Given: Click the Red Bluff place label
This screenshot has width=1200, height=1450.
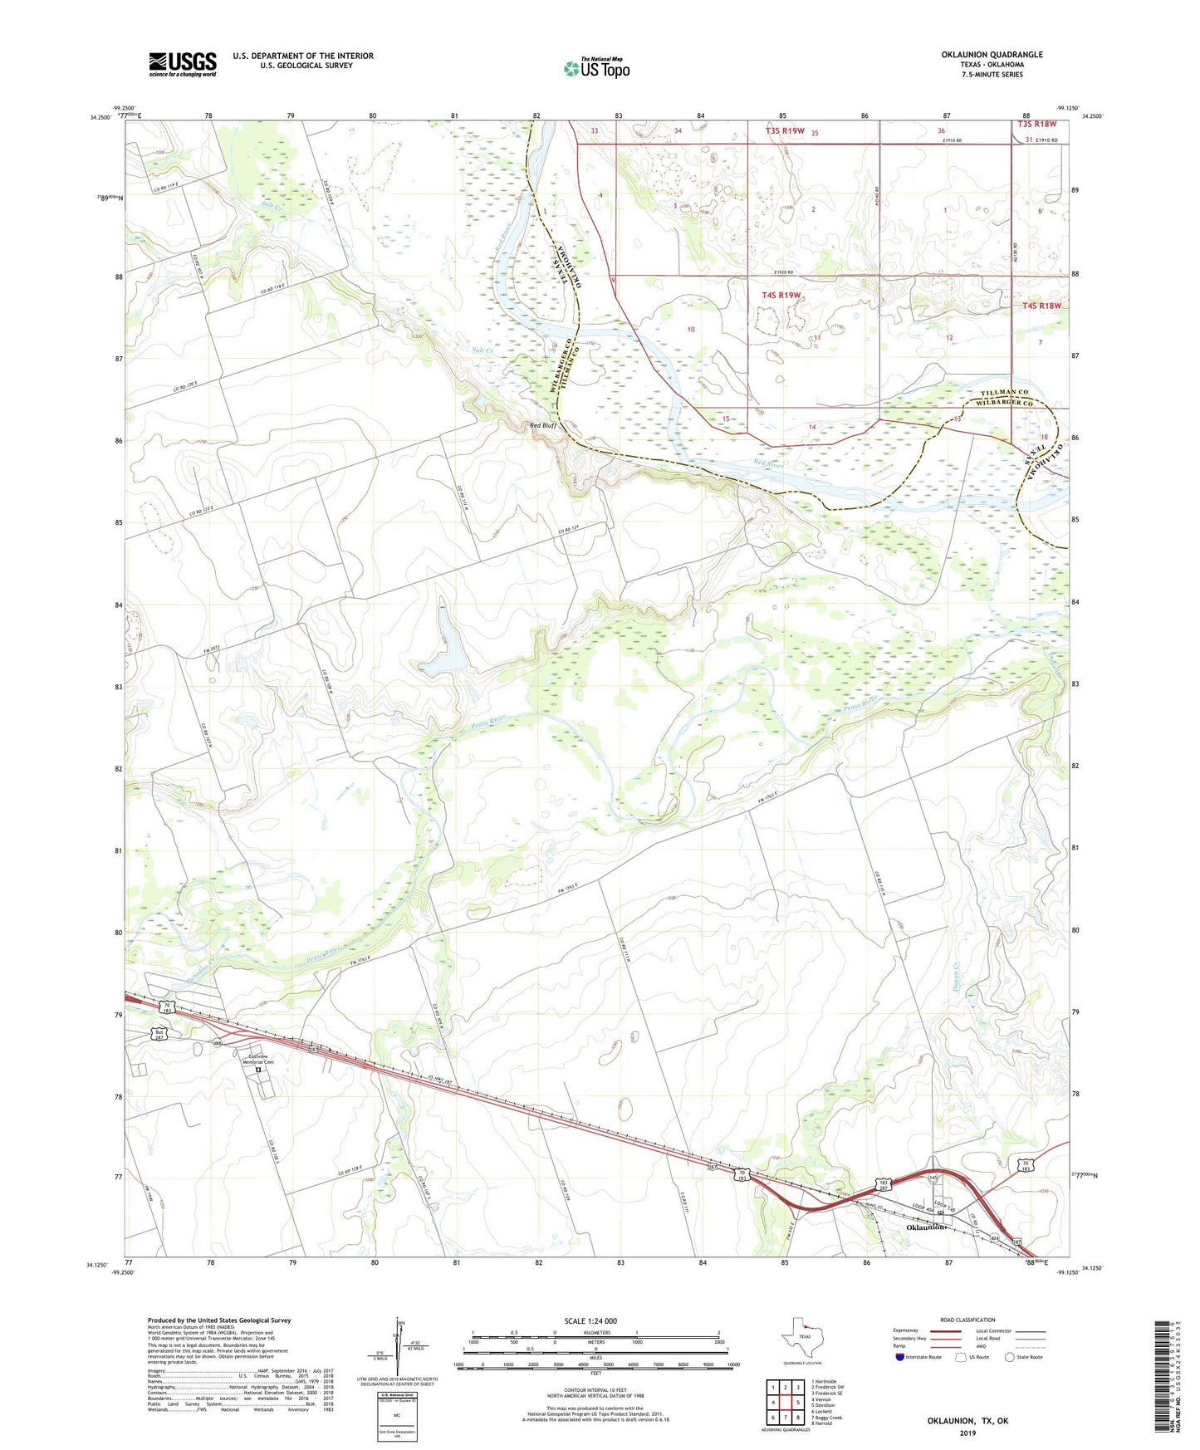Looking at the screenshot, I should point(543,425).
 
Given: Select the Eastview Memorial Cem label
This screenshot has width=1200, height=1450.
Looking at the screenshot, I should point(257,1059).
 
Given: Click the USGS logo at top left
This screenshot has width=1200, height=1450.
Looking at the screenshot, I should point(183,64).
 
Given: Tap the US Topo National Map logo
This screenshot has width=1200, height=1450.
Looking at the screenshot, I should point(596,68).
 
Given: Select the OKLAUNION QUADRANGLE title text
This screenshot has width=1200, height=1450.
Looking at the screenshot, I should point(992,55).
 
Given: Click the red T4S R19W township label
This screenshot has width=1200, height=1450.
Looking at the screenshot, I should point(781,295).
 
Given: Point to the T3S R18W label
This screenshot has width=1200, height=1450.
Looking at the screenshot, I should point(1037,125).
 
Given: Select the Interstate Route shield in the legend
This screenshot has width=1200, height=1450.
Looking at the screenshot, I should point(900,1357).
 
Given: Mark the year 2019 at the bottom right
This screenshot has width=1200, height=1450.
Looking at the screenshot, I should point(967,1433).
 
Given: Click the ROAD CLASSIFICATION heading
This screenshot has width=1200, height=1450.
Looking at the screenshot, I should point(967,1320).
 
